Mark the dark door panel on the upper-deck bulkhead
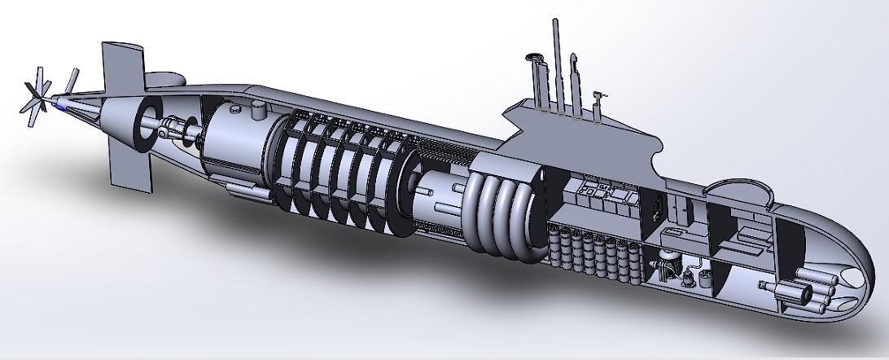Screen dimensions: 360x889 tap(654, 207)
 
